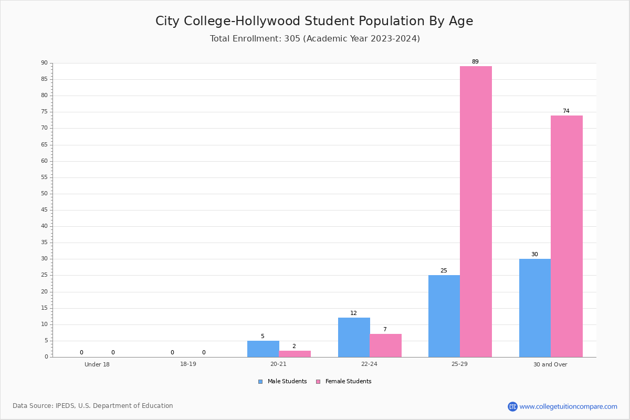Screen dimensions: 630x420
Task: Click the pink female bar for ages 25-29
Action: [476, 212]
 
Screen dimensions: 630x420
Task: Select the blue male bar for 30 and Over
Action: [535, 308]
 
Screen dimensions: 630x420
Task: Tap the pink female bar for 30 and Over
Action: [566, 236]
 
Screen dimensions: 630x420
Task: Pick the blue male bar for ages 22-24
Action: [354, 337]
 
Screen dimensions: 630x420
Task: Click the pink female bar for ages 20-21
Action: [295, 354]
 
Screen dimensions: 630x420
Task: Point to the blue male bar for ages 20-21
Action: [263, 349]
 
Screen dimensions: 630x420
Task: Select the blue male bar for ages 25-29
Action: [444, 316]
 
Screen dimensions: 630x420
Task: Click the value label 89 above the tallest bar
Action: [475, 61]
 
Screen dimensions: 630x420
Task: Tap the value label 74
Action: [566, 111]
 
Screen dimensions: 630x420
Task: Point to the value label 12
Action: [353, 313]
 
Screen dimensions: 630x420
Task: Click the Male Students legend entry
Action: [282, 381]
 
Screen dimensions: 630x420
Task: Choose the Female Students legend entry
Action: [344, 381]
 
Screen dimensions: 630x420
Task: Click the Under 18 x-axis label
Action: [97, 364]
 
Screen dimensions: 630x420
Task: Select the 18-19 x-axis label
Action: [188, 364]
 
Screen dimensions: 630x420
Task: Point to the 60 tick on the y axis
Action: [45, 161]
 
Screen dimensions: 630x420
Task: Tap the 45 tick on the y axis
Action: [45, 210]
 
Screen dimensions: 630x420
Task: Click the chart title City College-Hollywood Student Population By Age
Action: [314, 21]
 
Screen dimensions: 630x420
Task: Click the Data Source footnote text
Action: [93, 406]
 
